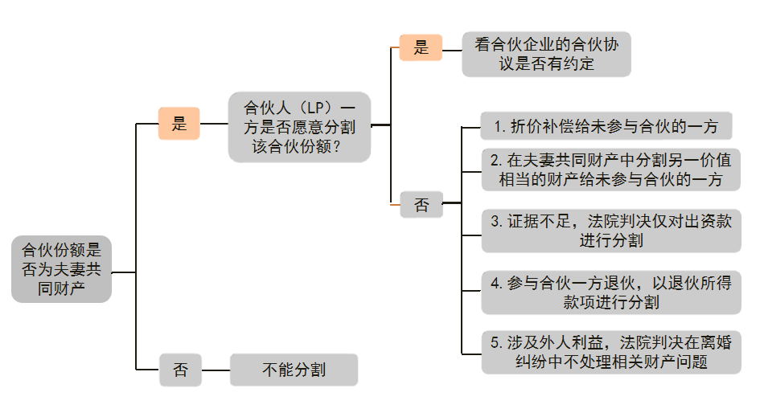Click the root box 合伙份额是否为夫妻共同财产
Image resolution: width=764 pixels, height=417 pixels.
61,268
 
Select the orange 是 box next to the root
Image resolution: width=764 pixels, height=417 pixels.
179,124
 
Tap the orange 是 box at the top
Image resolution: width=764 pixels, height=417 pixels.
421,47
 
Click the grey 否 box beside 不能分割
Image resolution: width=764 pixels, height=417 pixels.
180,370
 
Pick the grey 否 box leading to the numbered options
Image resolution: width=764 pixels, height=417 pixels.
421,205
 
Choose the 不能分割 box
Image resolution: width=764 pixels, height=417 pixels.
294,370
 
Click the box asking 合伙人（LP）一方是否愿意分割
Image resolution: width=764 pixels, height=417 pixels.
299,126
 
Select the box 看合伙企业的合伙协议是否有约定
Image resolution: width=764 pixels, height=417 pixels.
546,54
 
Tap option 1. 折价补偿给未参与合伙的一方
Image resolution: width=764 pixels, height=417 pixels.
606,126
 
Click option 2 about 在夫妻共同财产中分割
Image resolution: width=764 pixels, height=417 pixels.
610,170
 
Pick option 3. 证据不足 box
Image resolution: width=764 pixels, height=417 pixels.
610,230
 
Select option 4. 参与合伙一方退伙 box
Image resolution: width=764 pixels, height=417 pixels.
610,292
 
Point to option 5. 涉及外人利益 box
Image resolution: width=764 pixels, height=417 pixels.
610,352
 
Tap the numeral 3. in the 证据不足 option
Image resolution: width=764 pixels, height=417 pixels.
496,221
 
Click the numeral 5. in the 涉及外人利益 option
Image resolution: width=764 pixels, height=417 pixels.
496,343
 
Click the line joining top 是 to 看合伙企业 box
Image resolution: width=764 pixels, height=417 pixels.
452,47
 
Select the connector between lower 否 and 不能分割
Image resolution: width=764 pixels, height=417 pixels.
216,370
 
